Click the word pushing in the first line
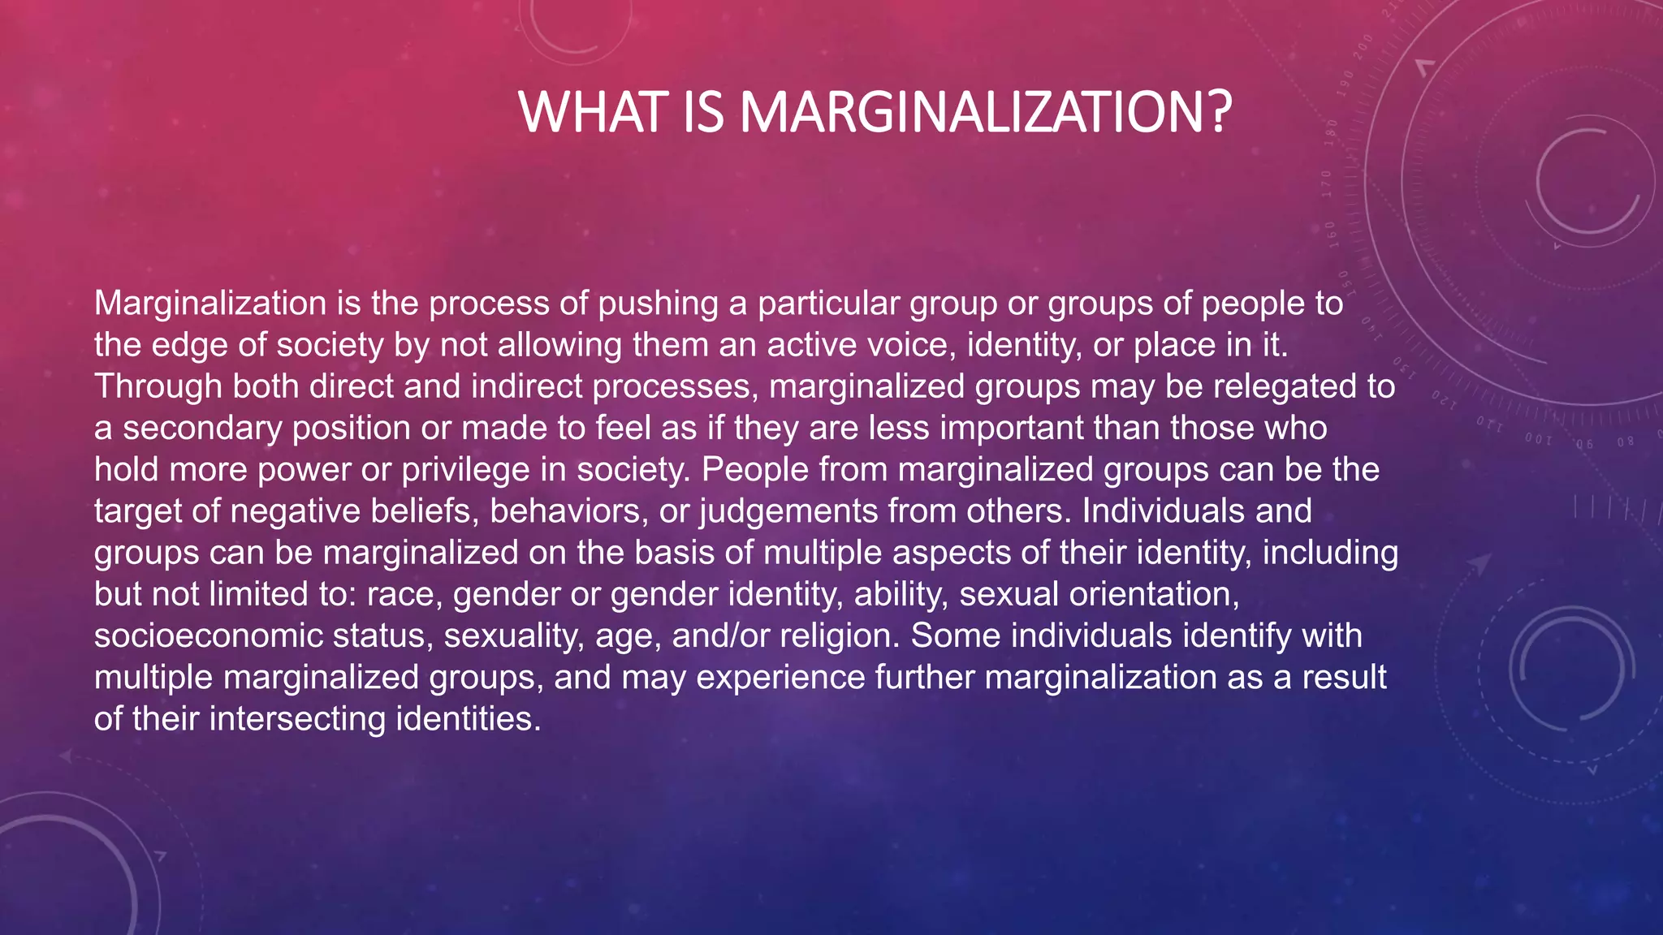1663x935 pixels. [658, 304]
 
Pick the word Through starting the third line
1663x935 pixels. [158, 386]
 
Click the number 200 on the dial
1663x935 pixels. [1364, 48]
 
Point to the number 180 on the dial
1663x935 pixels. [1331, 132]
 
